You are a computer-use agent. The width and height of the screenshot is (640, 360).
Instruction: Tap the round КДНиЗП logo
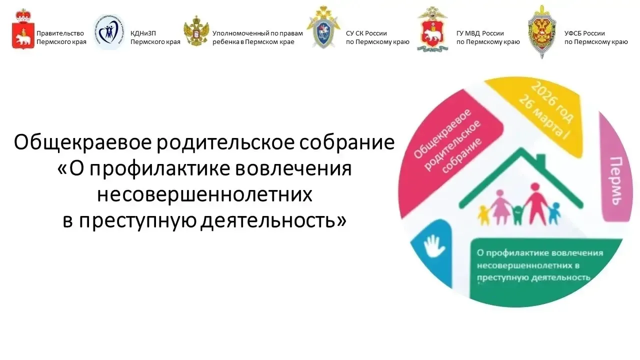click(109, 32)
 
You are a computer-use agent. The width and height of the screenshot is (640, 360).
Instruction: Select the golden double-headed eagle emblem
click(196, 31)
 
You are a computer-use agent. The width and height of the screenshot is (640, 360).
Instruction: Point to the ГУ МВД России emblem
click(433, 29)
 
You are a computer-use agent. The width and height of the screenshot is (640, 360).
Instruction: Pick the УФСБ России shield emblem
click(542, 31)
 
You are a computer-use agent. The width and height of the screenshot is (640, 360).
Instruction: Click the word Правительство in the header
click(60, 33)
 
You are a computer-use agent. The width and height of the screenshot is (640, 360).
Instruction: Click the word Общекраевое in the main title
click(82, 143)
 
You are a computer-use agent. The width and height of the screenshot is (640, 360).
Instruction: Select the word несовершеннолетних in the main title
click(204, 194)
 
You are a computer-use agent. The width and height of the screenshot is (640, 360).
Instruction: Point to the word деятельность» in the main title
click(273, 220)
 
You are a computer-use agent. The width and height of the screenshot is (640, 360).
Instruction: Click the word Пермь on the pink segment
click(616, 180)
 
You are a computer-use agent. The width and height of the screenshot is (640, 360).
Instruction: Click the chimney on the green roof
click(540, 158)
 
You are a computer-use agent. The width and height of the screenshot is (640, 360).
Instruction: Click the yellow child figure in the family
click(483, 215)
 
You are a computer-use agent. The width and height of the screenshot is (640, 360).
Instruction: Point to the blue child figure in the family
click(554, 213)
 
